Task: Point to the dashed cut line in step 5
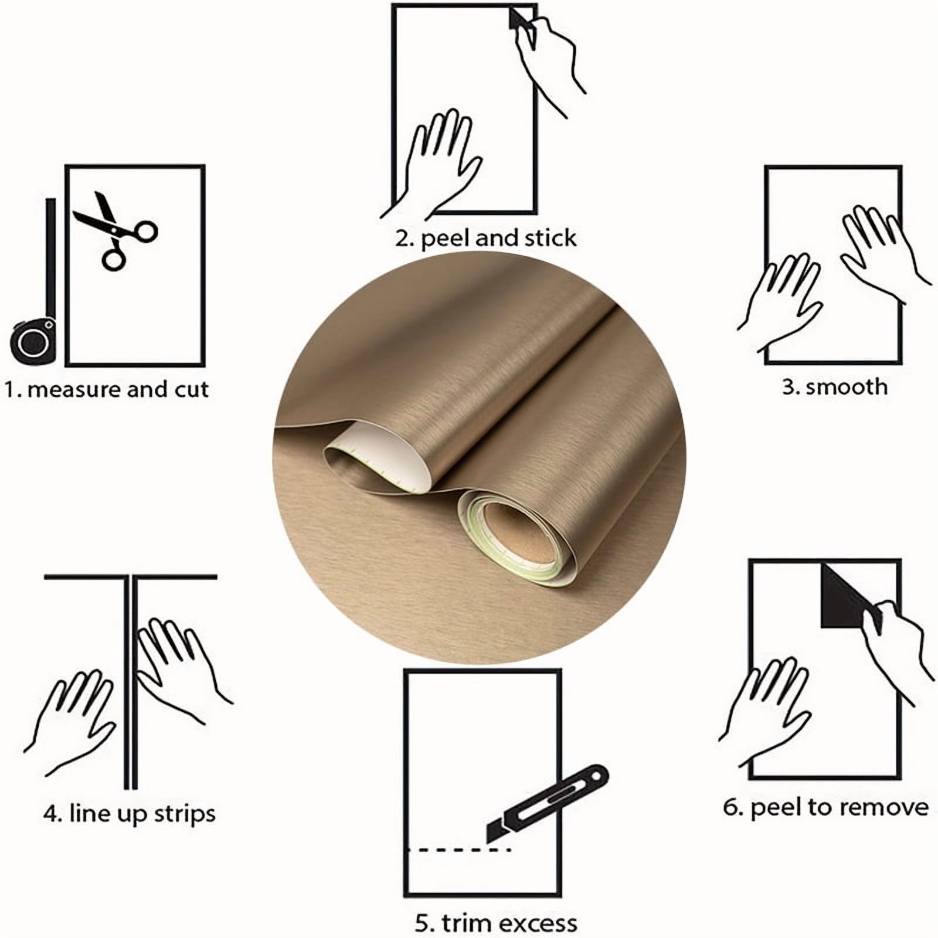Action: point(460,849)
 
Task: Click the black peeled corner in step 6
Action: point(847,597)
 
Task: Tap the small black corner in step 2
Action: point(519,18)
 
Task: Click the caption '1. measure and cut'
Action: point(107,389)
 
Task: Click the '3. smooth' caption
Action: point(834,387)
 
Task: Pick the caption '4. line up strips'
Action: point(130,814)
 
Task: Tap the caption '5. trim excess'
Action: point(496,923)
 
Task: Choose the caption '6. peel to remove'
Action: point(825,808)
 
